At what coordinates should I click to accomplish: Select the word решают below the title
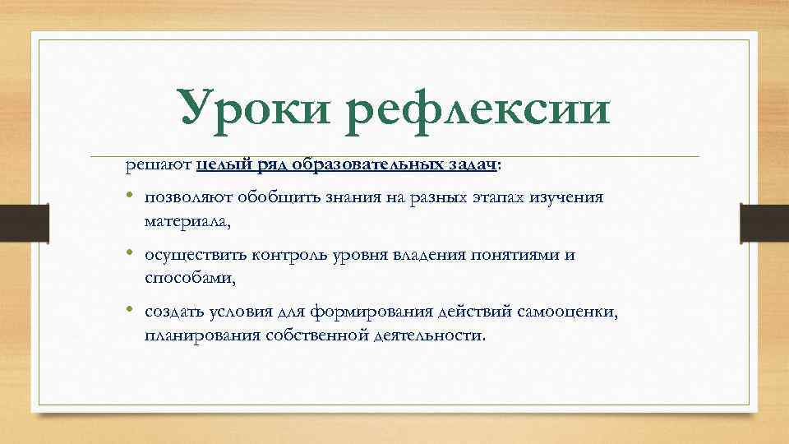click(159, 165)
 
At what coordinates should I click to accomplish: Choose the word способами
click(190, 278)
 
